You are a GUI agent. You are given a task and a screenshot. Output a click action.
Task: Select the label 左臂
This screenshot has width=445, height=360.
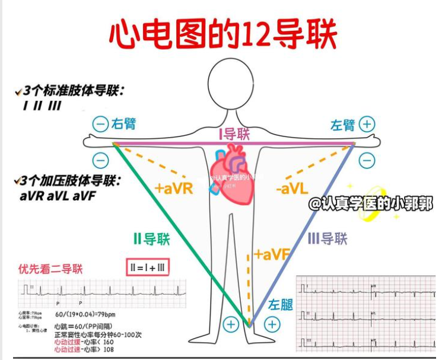[342, 125]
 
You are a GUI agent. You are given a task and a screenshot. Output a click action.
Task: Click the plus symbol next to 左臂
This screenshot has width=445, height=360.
[368, 124]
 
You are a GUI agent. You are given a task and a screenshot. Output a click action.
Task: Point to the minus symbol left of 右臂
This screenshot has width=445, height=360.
[100, 125]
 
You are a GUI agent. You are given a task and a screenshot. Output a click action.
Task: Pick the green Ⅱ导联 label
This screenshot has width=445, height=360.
[151, 239]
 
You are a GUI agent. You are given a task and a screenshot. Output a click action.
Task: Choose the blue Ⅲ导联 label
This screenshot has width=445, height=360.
[328, 238]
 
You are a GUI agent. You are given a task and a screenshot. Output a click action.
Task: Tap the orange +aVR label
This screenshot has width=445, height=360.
[174, 188]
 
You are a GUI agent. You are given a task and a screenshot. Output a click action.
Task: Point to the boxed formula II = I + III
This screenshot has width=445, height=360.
[147, 268]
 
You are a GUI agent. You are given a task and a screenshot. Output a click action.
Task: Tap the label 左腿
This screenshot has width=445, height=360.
[280, 305]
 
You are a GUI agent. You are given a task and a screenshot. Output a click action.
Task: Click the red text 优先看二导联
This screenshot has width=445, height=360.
[50, 269]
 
